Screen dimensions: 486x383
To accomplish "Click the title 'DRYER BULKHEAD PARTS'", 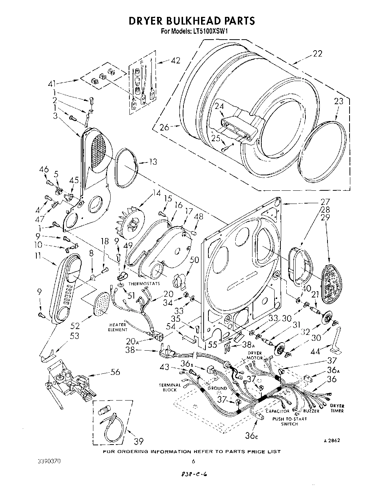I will coord(191,21).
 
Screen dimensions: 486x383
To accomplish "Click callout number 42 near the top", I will coord(176,61).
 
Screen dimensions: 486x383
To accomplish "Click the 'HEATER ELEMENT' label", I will coord(118,327).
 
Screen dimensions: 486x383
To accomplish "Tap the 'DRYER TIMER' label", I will coord(337,408).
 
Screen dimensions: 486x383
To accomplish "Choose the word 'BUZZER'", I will coord(311,411).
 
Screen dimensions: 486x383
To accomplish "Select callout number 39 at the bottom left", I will coord(139,441).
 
